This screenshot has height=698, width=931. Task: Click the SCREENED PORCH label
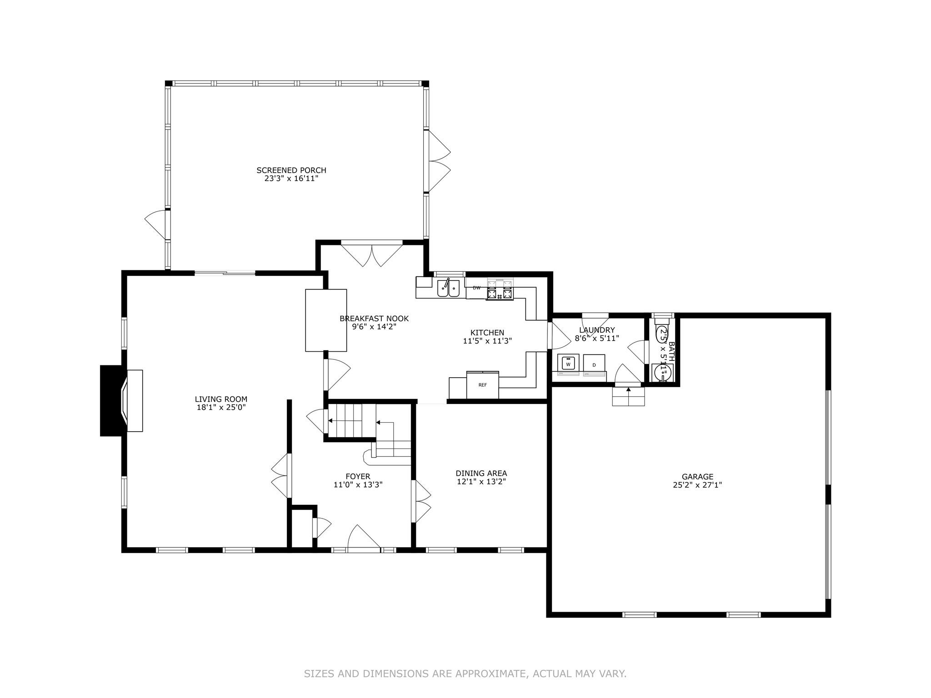click(291, 170)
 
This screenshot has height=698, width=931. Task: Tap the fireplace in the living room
click(132, 400)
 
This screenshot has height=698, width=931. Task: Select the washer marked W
click(568, 364)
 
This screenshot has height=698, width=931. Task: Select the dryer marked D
click(594, 364)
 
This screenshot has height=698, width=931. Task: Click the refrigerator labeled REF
click(482, 385)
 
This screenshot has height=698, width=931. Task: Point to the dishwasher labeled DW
click(476, 288)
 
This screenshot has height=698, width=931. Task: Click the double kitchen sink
click(448, 289)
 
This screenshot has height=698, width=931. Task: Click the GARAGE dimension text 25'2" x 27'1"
click(697, 485)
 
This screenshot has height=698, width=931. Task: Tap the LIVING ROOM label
click(221, 399)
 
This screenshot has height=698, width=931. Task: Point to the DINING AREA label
click(481, 473)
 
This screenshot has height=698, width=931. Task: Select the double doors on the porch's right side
click(437, 161)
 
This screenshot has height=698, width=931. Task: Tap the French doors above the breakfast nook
click(372, 255)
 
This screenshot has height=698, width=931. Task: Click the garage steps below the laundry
click(628, 397)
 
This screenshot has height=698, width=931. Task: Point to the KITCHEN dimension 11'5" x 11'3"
click(487, 341)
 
